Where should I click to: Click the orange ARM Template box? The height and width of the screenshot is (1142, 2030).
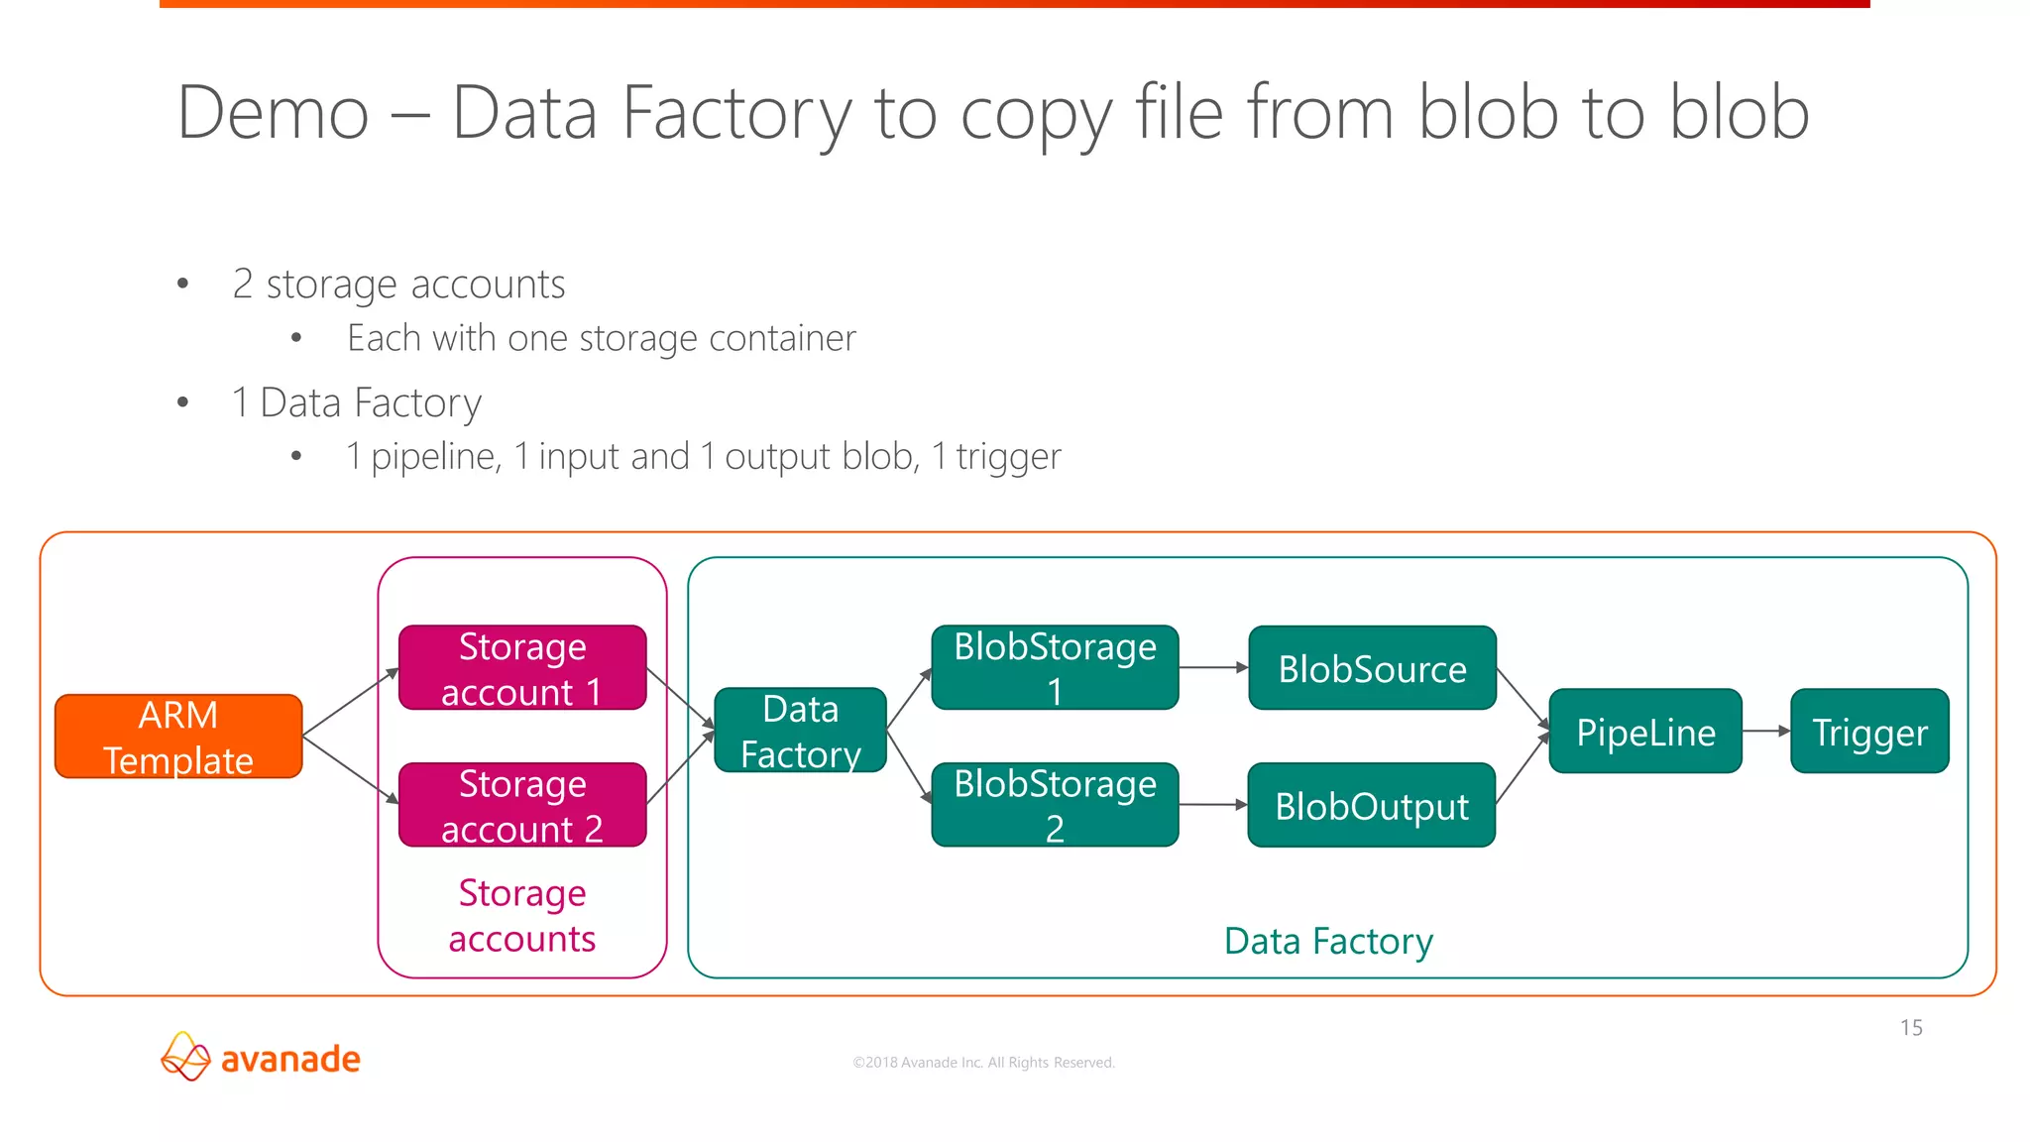178,737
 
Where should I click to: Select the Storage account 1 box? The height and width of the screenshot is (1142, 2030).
522,668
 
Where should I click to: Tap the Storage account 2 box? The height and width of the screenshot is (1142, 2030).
522,805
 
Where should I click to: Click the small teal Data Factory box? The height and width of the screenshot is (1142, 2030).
800,731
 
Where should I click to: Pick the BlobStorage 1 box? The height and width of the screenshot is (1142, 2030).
1055,668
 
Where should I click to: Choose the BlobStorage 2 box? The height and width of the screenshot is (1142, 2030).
1055,805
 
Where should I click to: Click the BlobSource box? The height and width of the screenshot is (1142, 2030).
1372,668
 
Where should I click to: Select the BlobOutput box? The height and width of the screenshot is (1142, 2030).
1372,805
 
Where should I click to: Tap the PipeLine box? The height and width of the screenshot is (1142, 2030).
1645,732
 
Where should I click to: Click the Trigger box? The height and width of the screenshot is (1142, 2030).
1869,732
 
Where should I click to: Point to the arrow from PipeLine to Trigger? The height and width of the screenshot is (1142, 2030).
1766,732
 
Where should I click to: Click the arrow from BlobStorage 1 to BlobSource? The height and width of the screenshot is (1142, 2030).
1213,668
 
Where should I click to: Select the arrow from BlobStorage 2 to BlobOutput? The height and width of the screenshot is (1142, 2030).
1213,805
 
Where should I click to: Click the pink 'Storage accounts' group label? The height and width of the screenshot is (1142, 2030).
522,916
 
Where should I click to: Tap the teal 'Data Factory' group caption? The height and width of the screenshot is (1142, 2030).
1328,941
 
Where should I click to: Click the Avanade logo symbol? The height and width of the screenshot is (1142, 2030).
185,1057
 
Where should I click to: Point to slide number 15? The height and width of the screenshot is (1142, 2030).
1911,1028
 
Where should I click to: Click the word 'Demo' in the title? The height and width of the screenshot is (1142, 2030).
274,113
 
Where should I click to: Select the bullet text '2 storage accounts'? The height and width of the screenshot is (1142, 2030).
398,285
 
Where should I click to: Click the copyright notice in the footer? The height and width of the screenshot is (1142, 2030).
983,1063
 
